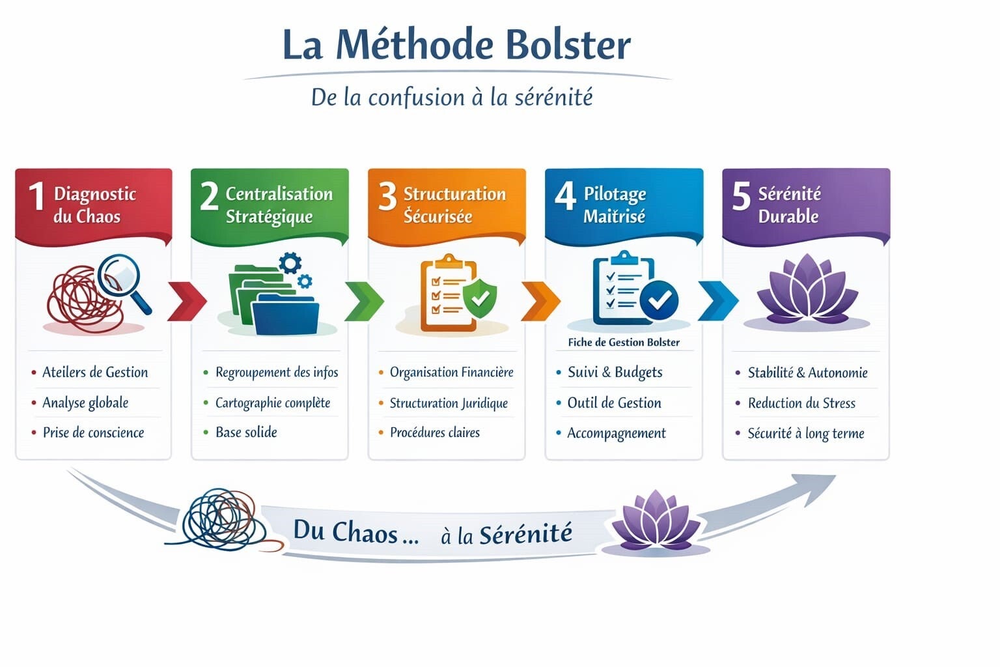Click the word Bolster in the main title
(568, 45)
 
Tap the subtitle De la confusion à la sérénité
(452, 98)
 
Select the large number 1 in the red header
(36, 196)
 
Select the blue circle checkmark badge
(659, 300)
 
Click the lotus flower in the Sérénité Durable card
(807, 289)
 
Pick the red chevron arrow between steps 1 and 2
(187, 301)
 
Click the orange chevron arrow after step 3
(540, 301)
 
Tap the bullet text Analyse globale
(85, 403)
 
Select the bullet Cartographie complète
(273, 403)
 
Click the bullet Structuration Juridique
(449, 403)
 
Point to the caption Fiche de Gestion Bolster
(624, 342)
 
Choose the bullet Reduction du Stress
(802, 403)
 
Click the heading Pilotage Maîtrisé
(615, 205)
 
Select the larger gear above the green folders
(290, 263)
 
